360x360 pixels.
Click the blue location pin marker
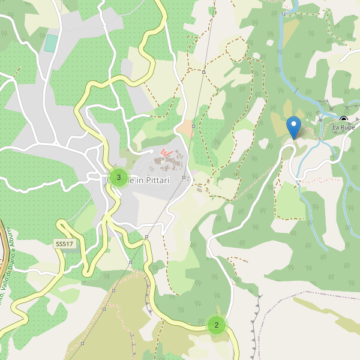click(293, 127)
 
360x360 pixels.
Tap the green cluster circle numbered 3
click(119, 178)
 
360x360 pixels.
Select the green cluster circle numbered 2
click(216, 325)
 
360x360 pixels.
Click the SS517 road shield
click(64, 244)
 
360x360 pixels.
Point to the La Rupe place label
click(344, 128)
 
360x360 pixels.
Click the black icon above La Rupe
click(343, 119)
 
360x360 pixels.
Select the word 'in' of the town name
click(139, 179)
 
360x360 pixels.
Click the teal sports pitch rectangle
click(51, 43)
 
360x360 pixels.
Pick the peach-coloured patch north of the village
click(185, 128)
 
